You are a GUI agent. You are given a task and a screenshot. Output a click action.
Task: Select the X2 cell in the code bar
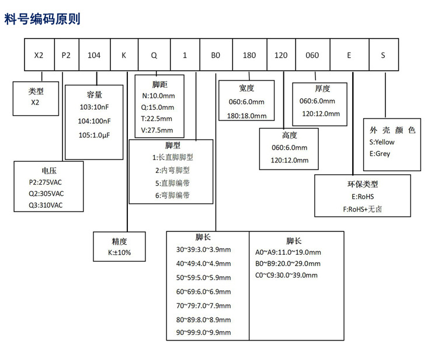pos(39,56)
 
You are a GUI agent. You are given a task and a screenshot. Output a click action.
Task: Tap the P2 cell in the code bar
pos(66,56)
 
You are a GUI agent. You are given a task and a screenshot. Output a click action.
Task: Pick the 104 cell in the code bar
pos(93,56)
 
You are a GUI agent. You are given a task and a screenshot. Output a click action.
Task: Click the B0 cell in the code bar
pos(215,56)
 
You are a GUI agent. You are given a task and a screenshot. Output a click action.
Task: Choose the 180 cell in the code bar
pos(249,56)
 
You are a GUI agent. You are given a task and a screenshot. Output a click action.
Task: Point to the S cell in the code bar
pos(383,56)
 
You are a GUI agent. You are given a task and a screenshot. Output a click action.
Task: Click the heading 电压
pos(49,171)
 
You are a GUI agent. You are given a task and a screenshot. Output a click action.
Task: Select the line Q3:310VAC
pos(46,205)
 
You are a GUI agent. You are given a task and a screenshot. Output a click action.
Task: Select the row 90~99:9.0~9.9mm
pos(203,333)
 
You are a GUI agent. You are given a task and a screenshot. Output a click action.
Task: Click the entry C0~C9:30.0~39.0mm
pos(286,275)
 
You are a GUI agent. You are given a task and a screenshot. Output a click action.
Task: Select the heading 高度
pos(289,135)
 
